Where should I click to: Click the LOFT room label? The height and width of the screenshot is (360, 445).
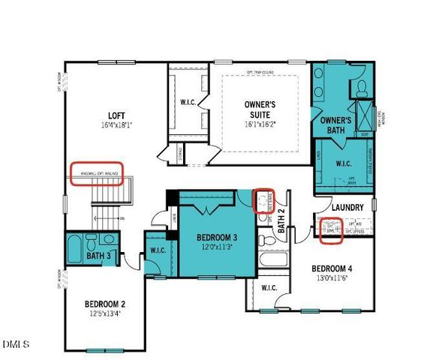pyautogui.click(x=116, y=115)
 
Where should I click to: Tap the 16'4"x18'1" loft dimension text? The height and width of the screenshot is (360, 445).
pyautogui.click(x=116, y=124)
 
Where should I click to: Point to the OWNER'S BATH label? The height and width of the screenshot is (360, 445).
pyautogui.click(x=335, y=125)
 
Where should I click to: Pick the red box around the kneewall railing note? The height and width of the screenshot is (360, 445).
pyautogui.click(x=96, y=173)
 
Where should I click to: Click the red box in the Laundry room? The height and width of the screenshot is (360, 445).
pyautogui.click(x=332, y=226)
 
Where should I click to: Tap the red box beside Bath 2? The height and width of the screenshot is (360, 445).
pyautogui.click(x=263, y=201)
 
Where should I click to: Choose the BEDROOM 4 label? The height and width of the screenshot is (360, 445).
pyautogui.click(x=332, y=268)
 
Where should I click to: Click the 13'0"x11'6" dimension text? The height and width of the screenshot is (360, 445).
pyautogui.click(x=332, y=278)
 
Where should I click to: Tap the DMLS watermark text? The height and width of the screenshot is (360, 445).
pyautogui.click(x=17, y=345)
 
